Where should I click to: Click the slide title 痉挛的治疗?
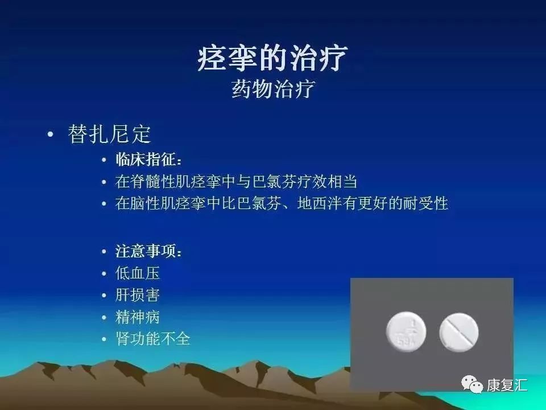click(272, 59)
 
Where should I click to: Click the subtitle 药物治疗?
click(272, 89)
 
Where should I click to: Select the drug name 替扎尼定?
click(109, 134)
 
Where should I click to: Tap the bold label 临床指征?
click(149, 160)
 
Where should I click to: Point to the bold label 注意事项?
click(149, 251)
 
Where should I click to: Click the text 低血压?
click(138, 273)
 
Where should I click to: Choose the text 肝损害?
click(138, 295)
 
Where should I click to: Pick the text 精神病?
click(138, 317)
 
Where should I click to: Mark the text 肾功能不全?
click(152, 339)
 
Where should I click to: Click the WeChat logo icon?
click(471, 385)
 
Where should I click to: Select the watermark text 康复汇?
click(507, 386)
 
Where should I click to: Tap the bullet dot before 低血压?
click(104, 274)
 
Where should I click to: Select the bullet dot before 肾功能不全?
click(104, 340)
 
